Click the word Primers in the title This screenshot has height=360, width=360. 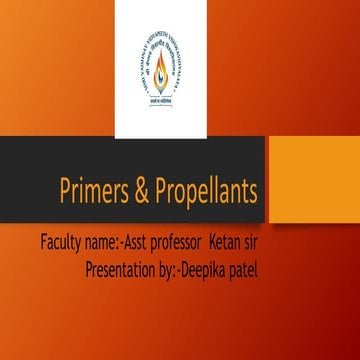(101, 193)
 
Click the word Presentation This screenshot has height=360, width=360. (127, 268)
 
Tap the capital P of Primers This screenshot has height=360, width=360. (68, 192)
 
